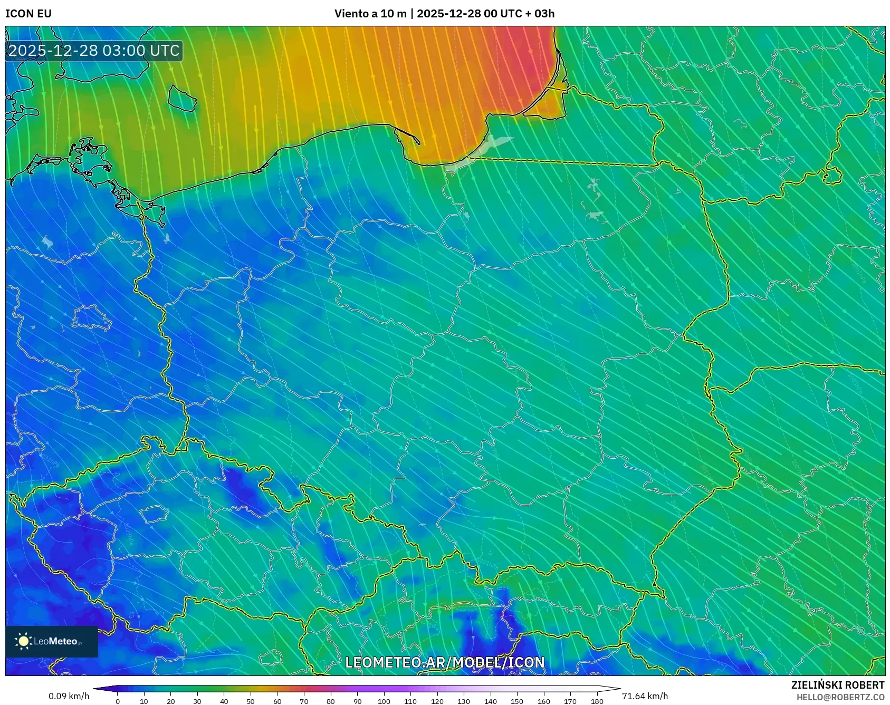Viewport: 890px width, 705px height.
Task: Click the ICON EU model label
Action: pos(28,14)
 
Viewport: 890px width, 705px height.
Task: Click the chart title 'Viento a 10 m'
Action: pos(370,14)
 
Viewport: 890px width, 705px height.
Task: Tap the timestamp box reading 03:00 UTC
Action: pos(94,51)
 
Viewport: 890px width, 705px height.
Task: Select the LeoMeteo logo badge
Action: pos(52,641)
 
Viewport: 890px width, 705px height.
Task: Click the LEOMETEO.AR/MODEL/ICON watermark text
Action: pos(445,662)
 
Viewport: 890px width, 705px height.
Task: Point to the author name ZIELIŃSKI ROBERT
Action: pos(837,685)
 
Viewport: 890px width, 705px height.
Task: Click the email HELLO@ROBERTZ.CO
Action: pos(840,697)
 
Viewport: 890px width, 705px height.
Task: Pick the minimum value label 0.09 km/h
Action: pos(69,696)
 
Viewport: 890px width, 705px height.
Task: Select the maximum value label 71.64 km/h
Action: pos(645,696)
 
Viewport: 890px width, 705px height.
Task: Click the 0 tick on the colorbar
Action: pos(118,701)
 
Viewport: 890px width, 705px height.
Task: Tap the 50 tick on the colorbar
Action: pos(251,701)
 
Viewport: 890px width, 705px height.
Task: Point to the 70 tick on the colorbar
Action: pos(304,701)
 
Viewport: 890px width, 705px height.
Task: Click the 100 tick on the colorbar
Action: pos(384,701)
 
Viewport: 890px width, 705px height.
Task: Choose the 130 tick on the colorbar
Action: pos(464,701)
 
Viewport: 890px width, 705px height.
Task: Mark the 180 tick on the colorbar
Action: pos(597,701)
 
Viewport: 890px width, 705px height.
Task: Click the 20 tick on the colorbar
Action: pos(171,701)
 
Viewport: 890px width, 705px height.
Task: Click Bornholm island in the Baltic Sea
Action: pos(182,99)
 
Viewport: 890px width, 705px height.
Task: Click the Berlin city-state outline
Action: pos(91,317)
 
